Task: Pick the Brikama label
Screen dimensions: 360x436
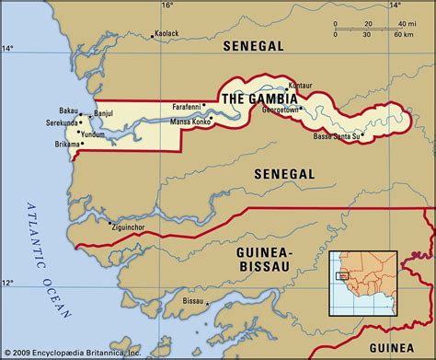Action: pyautogui.click(x=59, y=144)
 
